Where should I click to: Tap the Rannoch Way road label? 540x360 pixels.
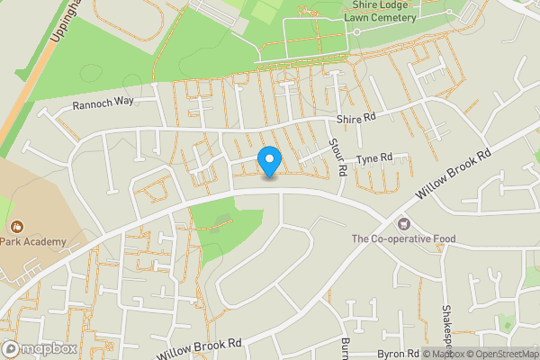tap(103, 102)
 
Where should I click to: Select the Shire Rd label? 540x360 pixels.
tap(356, 118)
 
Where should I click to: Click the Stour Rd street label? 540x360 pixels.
tap(339, 156)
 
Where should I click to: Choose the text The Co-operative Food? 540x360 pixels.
tap(403, 238)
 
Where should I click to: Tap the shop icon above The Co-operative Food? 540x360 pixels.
tap(403, 223)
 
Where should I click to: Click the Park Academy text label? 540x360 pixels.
tap(34, 241)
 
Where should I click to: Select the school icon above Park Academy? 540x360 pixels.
tap(16, 226)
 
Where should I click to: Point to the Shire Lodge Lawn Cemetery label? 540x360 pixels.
tap(397, 9)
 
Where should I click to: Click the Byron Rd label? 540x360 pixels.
tap(399, 354)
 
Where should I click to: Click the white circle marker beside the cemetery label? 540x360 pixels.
tap(356, 31)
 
